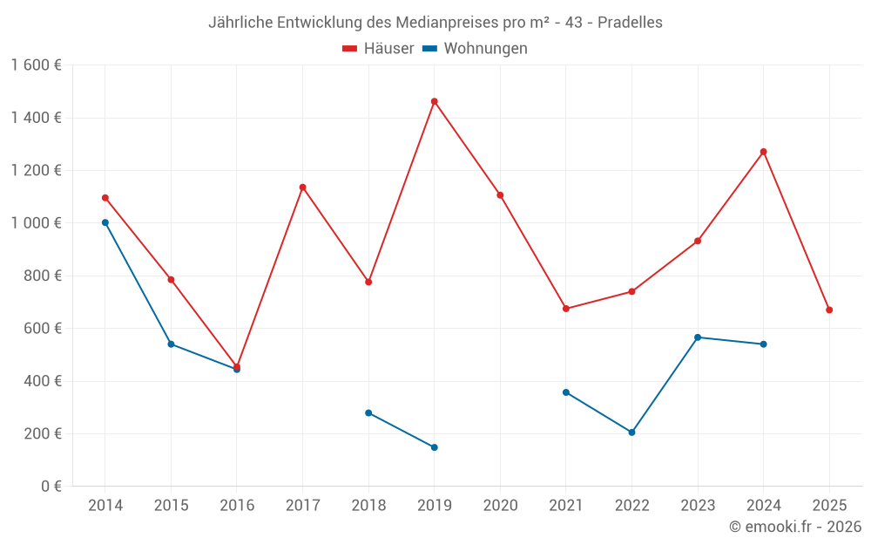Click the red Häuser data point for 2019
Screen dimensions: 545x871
coord(434,101)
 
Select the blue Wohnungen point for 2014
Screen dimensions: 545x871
coord(105,222)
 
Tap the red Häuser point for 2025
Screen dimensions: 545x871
coord(829,310)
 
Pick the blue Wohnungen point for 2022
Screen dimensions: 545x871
coord(631,433)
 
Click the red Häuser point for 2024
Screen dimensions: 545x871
coord(763,152)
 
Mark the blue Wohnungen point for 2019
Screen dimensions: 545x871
coord(434,447)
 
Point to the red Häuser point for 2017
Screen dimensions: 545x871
coord(302,187)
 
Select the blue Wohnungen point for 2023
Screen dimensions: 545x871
coord(698,337)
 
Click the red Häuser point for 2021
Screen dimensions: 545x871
coord(566,309)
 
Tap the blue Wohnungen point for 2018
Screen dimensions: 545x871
coord(368,412)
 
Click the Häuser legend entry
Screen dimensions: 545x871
coord(378,49)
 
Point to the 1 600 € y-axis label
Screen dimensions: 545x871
coord(36,65)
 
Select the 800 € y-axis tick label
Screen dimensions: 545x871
coord(41,276)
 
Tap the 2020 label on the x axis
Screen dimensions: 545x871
coord(500,506)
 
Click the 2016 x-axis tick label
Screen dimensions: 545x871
coord(237,506)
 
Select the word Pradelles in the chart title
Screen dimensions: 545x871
coord(630,23)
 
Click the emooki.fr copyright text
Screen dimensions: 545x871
coord(795,527)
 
